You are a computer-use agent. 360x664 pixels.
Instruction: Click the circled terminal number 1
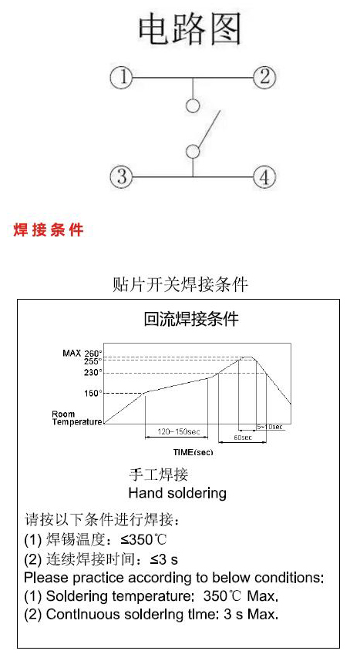(121, 78)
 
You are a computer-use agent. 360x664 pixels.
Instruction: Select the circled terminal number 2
(264, 77)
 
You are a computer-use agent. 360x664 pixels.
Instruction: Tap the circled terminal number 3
(121, 176)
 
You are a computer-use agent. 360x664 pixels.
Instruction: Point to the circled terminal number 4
(264, 176)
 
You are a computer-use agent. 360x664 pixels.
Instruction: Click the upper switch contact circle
(193, 106)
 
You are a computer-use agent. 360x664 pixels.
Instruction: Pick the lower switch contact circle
(193, 151)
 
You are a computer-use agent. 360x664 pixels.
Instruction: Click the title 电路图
(190, 29)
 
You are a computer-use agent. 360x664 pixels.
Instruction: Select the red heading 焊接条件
(49, 230)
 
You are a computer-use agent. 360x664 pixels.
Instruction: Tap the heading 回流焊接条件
(191, 318)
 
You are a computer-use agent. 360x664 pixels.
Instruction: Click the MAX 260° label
(82, 353)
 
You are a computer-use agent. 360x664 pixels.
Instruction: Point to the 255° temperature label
(93, 361)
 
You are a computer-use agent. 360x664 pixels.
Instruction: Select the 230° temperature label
(93, 373)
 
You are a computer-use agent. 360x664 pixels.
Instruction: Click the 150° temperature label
(93, 393)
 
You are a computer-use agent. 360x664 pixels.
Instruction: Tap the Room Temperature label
(77, 418)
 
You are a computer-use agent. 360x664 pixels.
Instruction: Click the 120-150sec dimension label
(179, 432)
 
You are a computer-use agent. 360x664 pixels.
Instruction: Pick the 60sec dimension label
(243, 438)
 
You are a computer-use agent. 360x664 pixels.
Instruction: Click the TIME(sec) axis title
(193, 452)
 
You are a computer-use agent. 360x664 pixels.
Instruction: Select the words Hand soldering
(177, 493)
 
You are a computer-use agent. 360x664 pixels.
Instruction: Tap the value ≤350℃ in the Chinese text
(143, 539)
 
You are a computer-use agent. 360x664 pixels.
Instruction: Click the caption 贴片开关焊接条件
(180, 283)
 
